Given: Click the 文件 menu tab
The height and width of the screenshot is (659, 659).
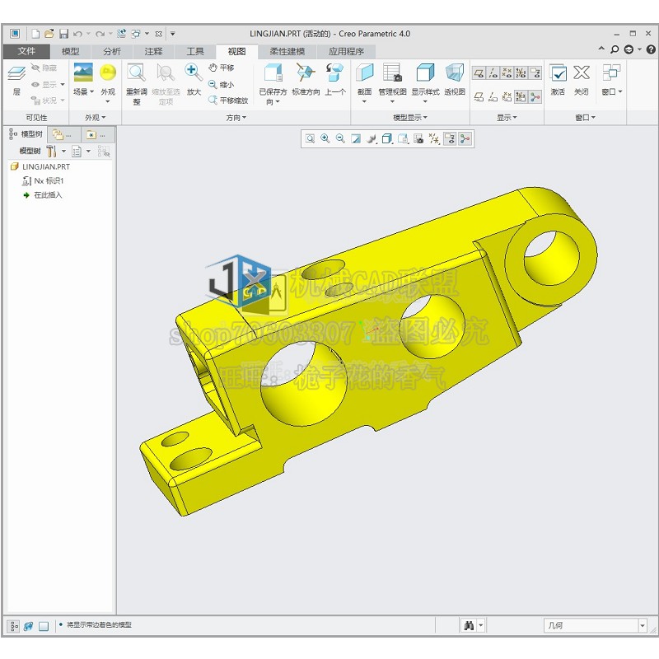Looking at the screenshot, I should (x=26, y=51).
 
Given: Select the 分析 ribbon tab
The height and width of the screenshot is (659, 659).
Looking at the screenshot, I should (x=112, y=51).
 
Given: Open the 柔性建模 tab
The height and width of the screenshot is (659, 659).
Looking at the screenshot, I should (x=287, y=51).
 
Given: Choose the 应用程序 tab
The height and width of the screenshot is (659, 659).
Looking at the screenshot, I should (x=346, y=51).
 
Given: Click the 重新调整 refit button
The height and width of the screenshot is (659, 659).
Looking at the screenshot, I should (x=137, y=82).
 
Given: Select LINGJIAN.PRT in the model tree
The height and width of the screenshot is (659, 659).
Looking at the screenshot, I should (x=45, y=166).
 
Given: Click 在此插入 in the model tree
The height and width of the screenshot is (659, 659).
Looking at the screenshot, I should (x=47, y=195).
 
